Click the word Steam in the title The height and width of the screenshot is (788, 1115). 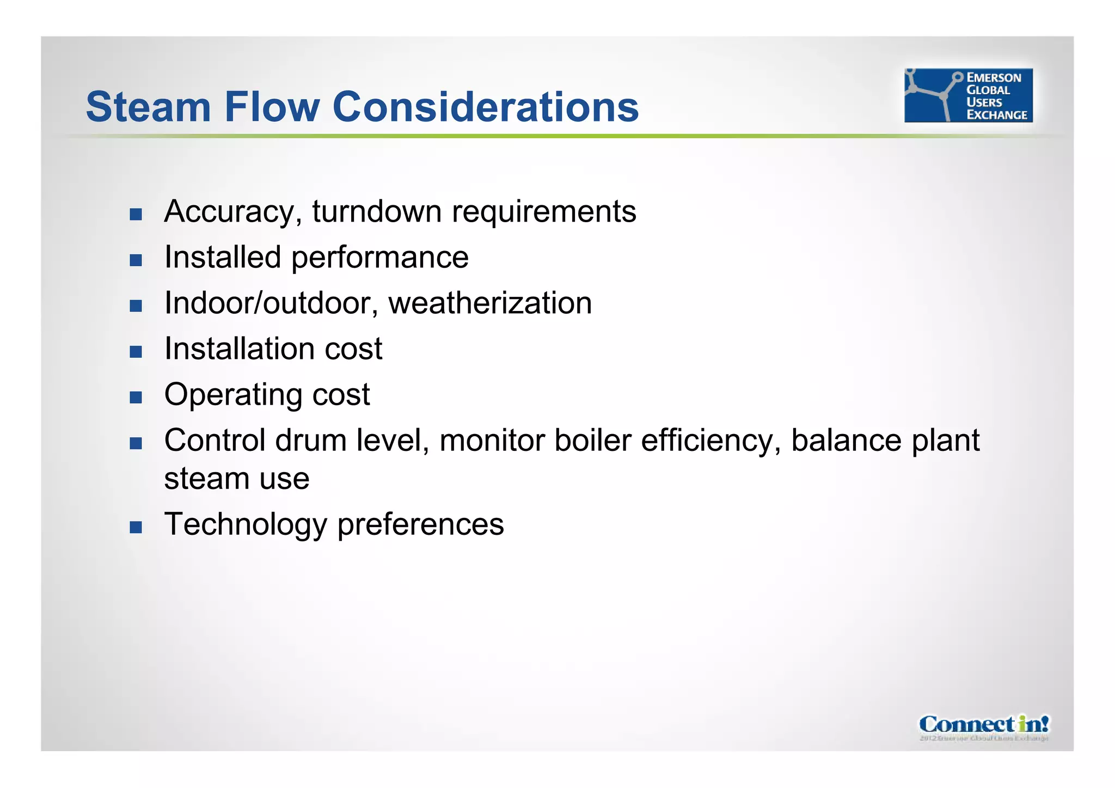pyautogui.click(x=148, y=107)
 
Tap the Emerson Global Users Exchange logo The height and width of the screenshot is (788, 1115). pyautogui.click(x=968, y=95)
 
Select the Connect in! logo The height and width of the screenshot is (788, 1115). pyautogui.click(x=984, y=726)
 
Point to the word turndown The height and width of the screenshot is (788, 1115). pyautogui.click(x=376, y=211)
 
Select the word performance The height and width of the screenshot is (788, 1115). pyautogui.click(x=379, y=258)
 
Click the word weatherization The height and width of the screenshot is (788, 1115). pyautogui.click(x=490, y=303)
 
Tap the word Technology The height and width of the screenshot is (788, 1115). pyautogui.click(x=246, y=525)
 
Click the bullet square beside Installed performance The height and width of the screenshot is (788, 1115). pyautogui.click(x=136, y=260)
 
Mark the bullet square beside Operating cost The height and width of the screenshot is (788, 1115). pyautogui.click(x=136, y=397)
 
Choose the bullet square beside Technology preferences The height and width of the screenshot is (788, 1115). pyautogui.click(x=136, y=527)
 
